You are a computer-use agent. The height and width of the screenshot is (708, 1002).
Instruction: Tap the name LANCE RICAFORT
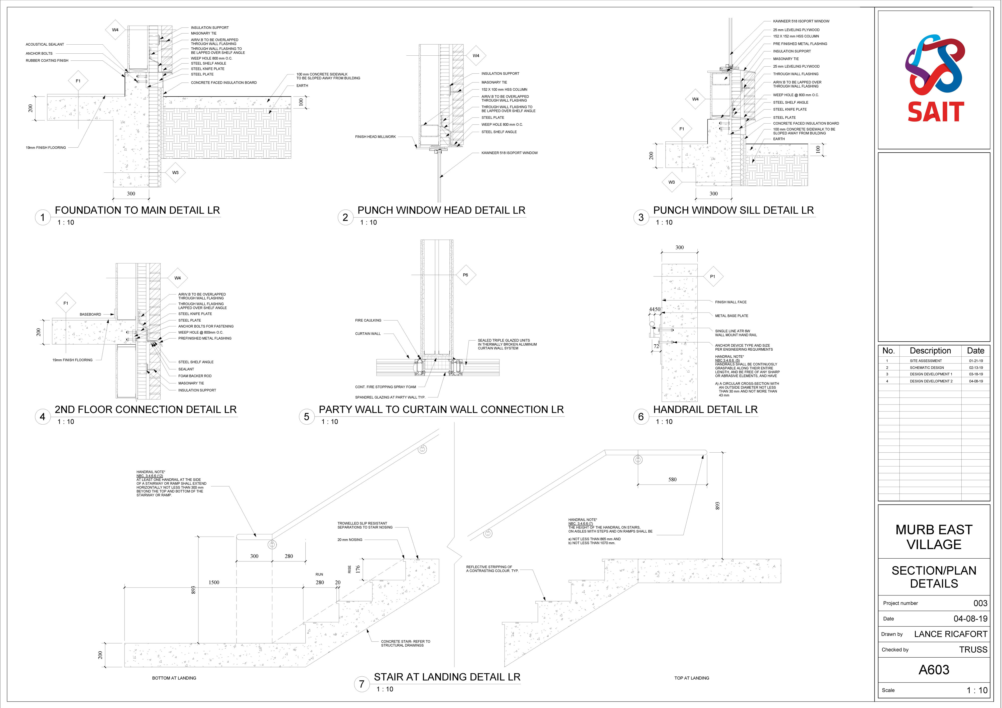[x=950, y=634]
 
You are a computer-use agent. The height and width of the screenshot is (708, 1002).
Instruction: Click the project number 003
[x=980, y=603]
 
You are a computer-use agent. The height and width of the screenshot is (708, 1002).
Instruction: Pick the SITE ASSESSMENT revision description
[x=926, y=361]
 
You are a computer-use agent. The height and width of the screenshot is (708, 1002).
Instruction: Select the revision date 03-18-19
[x=976, y=374]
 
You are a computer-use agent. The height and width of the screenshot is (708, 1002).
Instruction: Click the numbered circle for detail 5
[x=306, y=417]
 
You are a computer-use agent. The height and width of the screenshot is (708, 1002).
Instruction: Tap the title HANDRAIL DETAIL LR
[x=705, y=410]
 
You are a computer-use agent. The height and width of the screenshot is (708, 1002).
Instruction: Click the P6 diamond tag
[x=465, y=275]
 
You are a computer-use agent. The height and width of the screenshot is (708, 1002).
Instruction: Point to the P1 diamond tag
[x=713, y=276]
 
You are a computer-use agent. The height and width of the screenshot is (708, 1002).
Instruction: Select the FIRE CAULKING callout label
[x=368, y=320]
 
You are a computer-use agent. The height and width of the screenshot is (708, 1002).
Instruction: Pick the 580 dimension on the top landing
[x=673, y=479]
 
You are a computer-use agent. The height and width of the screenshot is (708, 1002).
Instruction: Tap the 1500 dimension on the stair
[x=214, y=582]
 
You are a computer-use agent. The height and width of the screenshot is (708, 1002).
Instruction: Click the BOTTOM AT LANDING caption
[x=174, y=678]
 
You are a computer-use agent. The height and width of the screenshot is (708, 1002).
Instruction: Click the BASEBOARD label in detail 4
[x=90, y=314]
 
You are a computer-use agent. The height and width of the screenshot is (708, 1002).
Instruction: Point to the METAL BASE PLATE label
[x=731, y=316]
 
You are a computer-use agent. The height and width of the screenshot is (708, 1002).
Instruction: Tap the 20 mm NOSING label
[x=349, y=540]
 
